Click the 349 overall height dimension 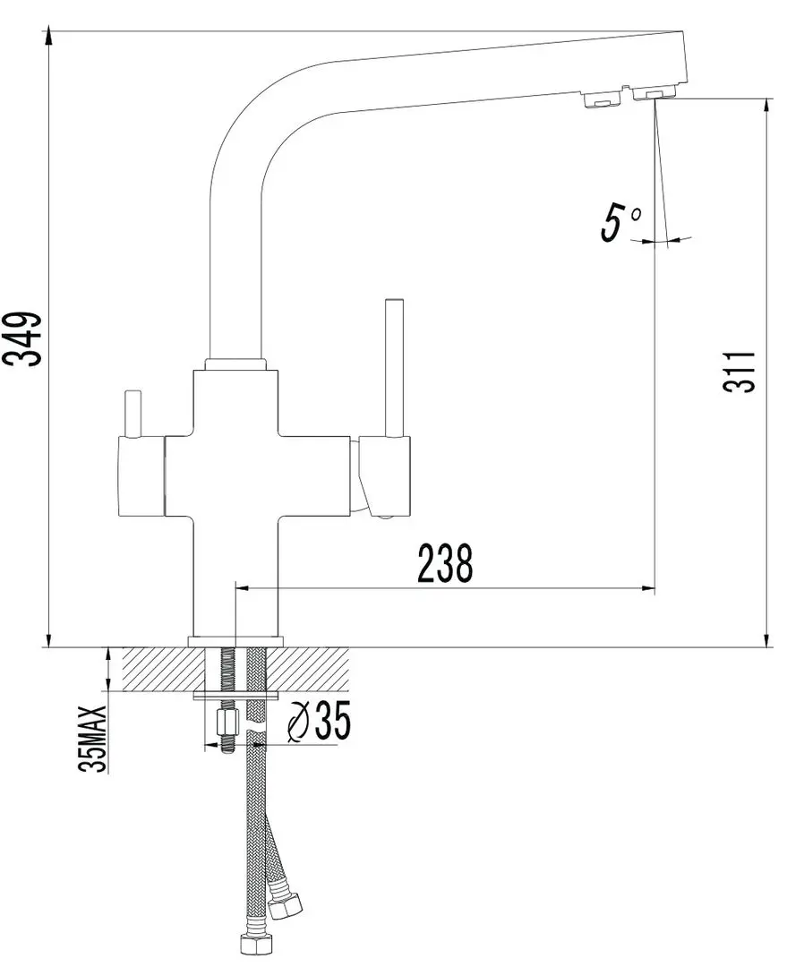(x=22, y=339)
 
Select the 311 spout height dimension (x=740, y=372)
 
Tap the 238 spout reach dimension (x=445, y=563)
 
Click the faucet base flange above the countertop (x=235, y=642)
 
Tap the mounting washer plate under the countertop (x=236, y=697)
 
